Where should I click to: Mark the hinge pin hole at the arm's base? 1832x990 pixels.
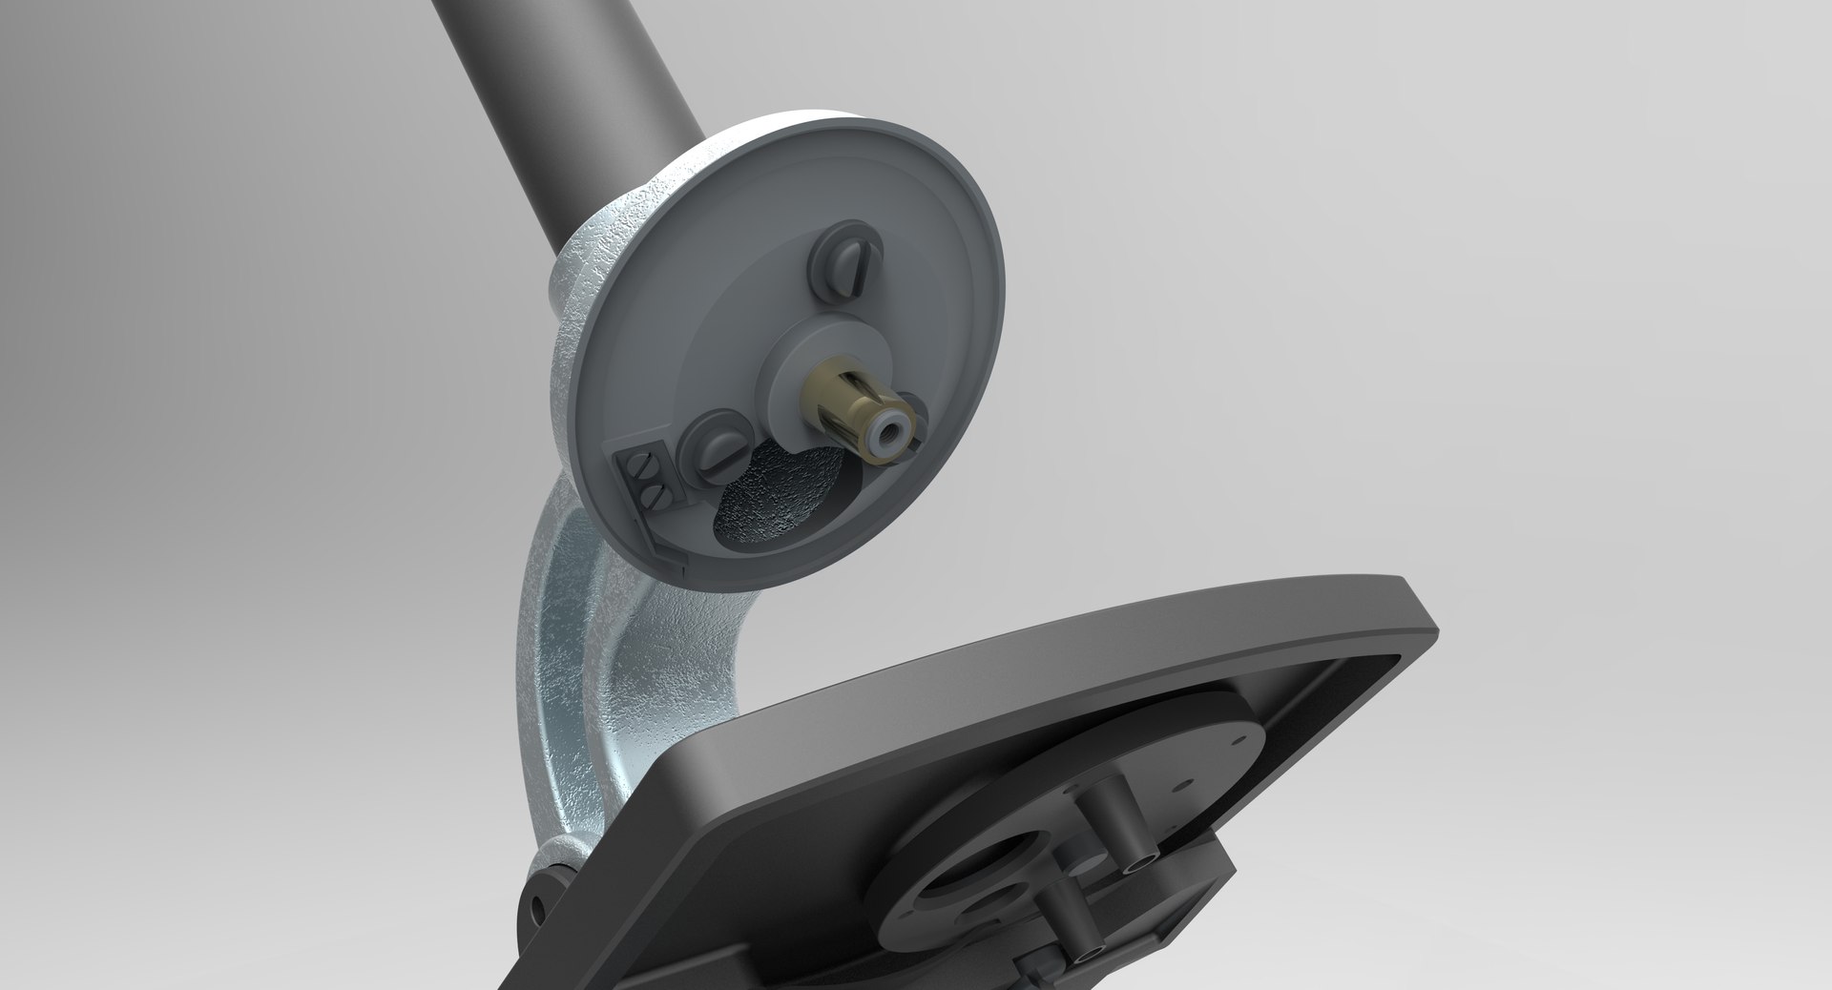pyautogui.click(x=535, y=902)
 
